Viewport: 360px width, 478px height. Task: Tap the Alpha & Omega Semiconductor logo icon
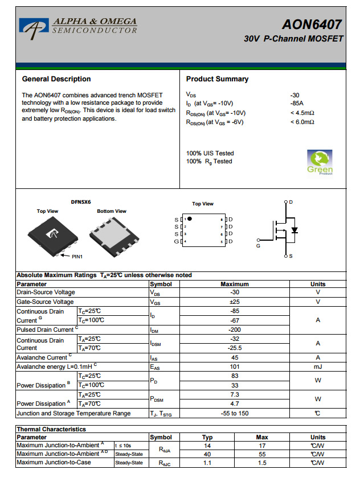34,26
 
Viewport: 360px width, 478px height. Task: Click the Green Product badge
320,162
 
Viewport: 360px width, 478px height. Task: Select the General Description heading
56,79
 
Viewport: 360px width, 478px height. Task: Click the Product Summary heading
217,79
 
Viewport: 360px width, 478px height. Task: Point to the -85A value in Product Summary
296,104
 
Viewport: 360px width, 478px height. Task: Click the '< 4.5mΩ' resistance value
302,113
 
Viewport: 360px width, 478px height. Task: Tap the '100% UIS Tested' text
210,153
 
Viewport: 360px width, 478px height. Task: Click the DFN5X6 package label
80,201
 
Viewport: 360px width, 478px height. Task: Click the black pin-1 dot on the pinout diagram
190,219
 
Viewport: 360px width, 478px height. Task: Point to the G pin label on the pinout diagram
177,242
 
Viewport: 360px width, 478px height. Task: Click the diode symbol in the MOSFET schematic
294,230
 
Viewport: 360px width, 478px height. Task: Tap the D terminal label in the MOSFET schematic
291,202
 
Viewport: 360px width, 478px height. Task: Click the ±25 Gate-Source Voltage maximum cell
235,302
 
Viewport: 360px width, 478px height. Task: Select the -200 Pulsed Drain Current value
235,329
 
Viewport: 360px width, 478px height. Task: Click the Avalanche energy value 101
235,367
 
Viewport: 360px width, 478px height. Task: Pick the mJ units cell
318,367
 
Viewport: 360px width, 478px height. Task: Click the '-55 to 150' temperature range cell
235,413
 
